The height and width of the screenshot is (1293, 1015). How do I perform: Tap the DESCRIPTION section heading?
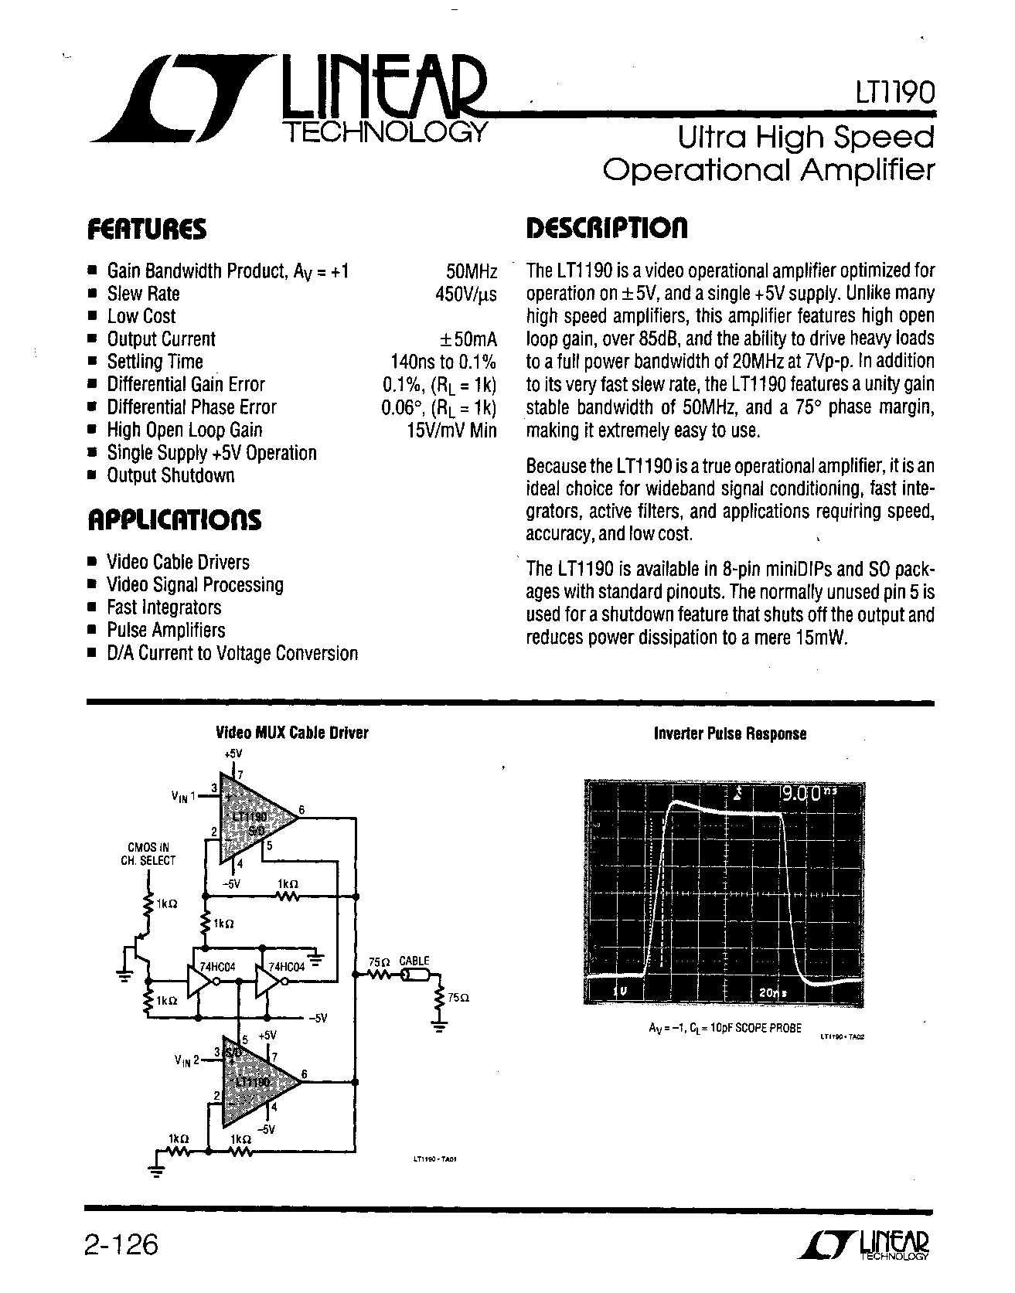606,228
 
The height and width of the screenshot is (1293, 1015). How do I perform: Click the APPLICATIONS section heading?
173,519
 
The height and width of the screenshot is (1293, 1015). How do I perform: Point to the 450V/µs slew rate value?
465,294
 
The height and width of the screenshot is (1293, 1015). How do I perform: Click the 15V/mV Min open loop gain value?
451,430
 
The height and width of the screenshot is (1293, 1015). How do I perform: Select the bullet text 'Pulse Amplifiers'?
166,630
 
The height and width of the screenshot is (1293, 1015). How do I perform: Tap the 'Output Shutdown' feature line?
170,476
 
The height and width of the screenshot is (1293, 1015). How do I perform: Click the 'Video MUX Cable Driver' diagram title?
291,733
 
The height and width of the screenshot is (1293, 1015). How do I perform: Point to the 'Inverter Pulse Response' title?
730,733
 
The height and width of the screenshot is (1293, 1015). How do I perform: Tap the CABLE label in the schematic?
414,961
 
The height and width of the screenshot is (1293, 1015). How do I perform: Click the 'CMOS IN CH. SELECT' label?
148,853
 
